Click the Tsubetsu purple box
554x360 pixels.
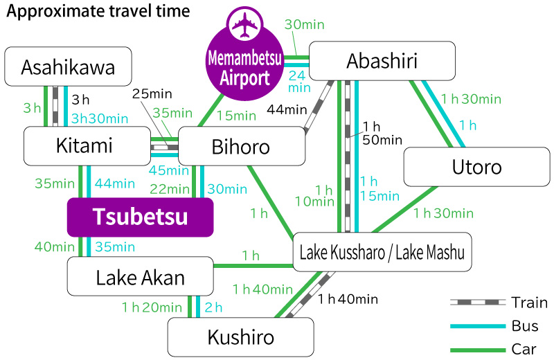(x=139, y=217)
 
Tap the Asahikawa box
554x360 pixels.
(x=68, y=67)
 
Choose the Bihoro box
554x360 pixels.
(x=242, y=147)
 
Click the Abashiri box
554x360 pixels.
(x=382, y=61)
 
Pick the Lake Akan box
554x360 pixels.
(x=141, y=278)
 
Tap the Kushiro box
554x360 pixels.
(x=240, y=337)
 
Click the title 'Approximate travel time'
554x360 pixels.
(x=99, y=12)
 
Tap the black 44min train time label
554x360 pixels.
(x=287, y=109)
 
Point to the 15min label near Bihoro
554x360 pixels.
(x=235, y=114)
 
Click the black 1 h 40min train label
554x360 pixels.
(x=348, y=299)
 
